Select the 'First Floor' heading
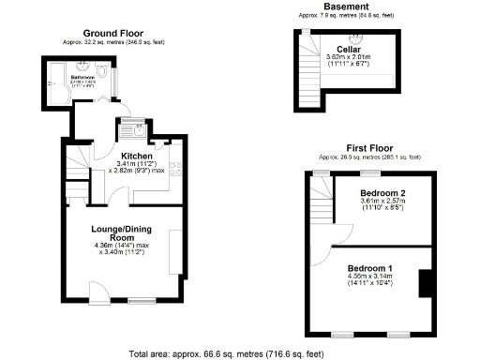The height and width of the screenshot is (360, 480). [368, 147]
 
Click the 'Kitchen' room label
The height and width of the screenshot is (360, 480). [137, 155]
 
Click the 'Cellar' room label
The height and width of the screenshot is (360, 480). [350, 49]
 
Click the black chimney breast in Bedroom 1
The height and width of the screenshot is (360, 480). [424, 282]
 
